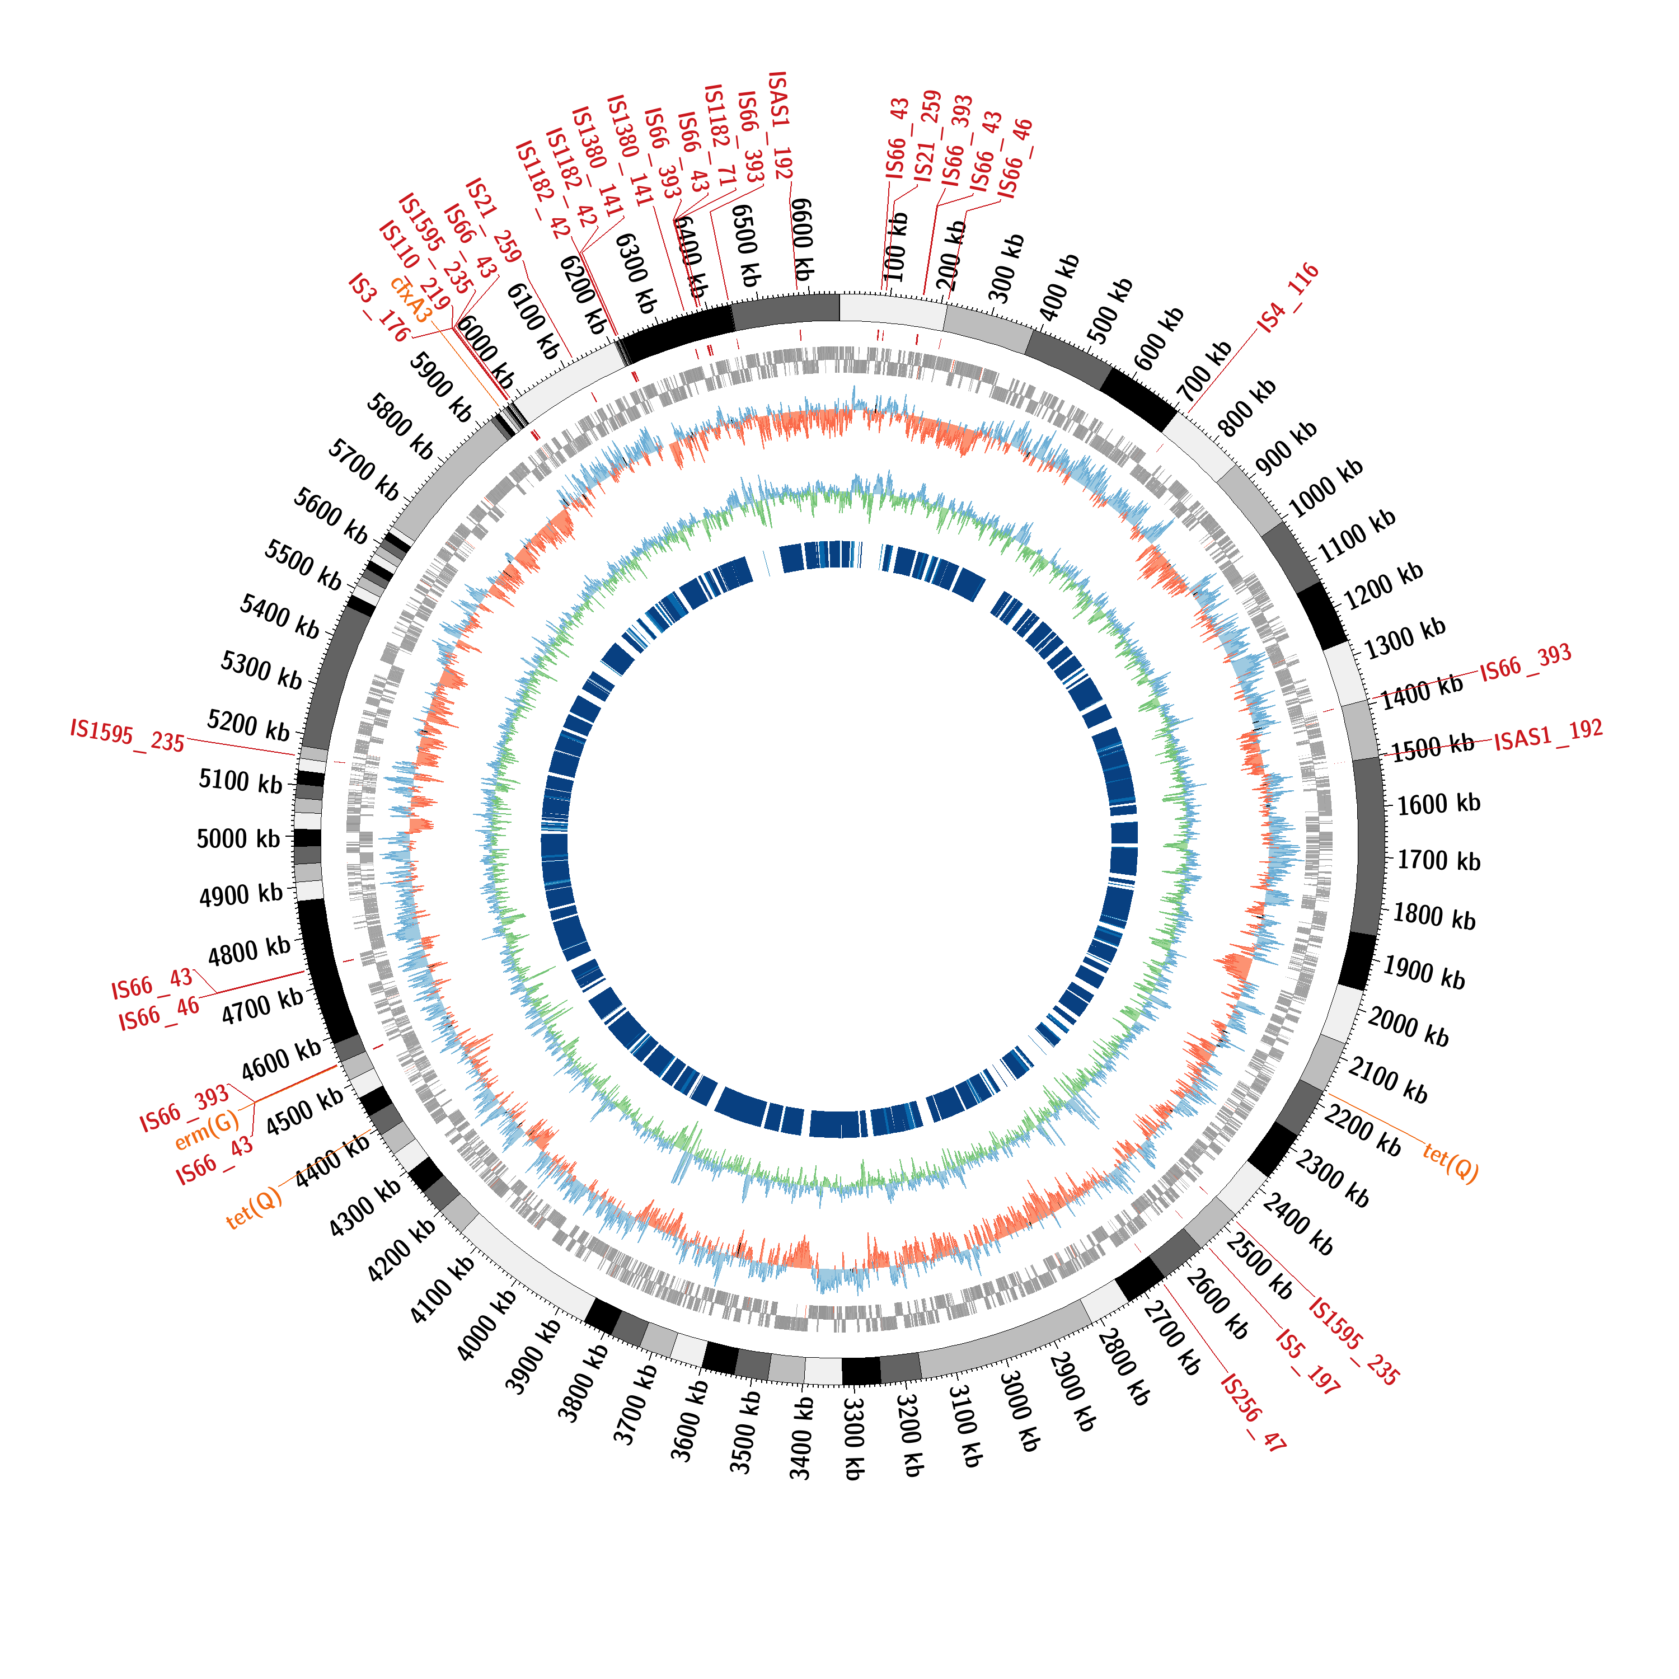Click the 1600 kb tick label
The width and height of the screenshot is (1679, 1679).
point(1438,803)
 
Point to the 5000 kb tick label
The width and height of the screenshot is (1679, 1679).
point(238,838)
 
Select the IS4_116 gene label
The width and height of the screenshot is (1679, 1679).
point(1289,297)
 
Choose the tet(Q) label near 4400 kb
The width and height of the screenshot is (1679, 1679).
point(254,1208)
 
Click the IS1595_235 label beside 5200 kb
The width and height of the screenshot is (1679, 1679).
point(127,735)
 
